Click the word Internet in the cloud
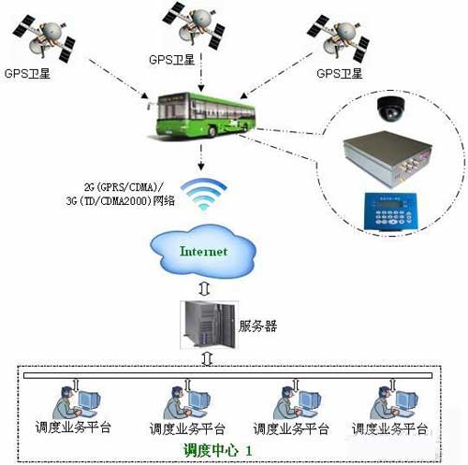pyautogui.click(x=204, y=251)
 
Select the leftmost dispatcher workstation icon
pyautogui.click(x=80, y=401)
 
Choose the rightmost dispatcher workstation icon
pyautogui.click(x=392, y=401)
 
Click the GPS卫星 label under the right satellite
pyautogui.click(x=339, y=73)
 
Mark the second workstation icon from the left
pyautogui.click(x=183, y=401)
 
